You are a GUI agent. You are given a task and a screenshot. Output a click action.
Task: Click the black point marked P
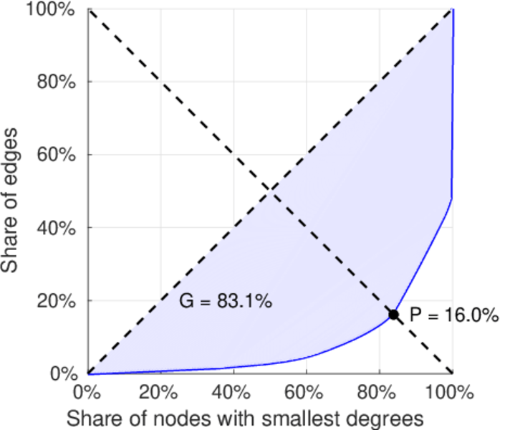click(393, 315)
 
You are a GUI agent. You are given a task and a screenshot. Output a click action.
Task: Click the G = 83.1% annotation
click(225, 302)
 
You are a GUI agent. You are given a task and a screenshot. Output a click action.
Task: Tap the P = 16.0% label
click(454, 315)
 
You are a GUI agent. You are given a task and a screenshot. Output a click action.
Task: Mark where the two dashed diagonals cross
click(270, 191)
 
